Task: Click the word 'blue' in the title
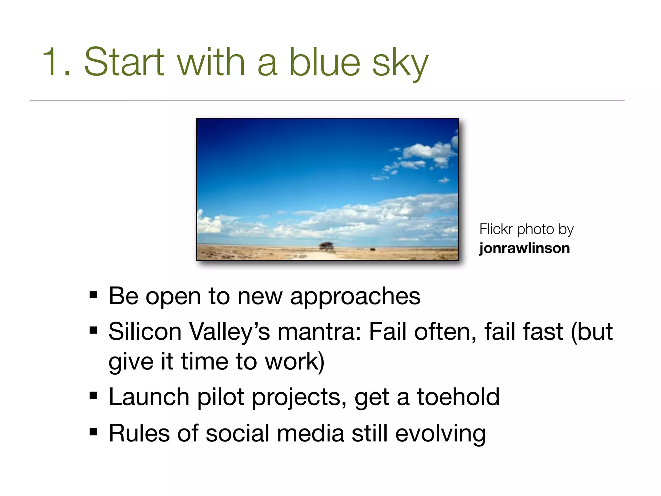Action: tap(324, 62)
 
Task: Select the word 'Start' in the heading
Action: tap(124, 62)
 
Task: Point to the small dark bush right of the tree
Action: tap(372, 249)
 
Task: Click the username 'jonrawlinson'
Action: tap(524, 248)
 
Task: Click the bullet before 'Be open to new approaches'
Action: tap(93, 294)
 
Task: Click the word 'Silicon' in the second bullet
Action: tap(145, 332)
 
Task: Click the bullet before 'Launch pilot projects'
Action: tap(93, 395)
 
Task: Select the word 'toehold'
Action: tap(458, 397)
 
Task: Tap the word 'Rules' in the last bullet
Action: tap(139, 433)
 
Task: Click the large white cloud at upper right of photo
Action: tap(426, 150)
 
